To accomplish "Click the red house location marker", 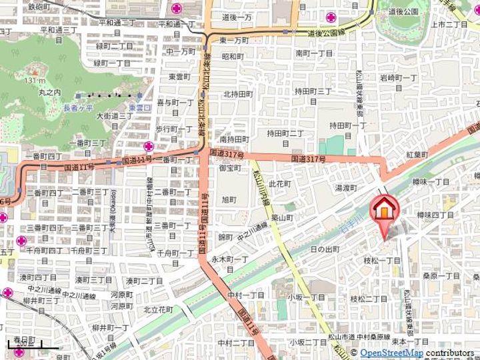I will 385,210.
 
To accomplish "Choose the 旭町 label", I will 229,199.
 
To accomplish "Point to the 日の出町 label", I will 325,249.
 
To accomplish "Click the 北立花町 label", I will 158,310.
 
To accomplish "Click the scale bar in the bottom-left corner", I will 26,345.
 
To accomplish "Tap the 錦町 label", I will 225,237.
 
